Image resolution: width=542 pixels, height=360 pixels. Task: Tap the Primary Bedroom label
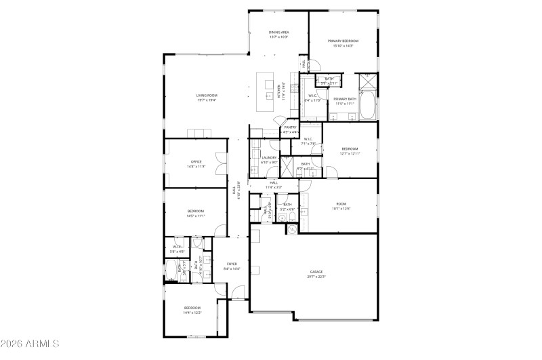tap(343, 41)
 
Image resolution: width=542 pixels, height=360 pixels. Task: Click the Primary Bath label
tap(344, 100)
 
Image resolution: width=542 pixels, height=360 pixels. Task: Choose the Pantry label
tap(290, 127)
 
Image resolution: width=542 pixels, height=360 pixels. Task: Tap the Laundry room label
tap(269, 158)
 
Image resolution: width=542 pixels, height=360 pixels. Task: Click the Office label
tap(196, 161)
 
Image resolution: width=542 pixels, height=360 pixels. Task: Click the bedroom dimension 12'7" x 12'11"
tap(350, 153)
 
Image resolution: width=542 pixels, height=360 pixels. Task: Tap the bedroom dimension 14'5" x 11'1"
tap(196, 216)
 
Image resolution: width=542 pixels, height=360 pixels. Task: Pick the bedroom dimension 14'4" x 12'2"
tap(192, 313)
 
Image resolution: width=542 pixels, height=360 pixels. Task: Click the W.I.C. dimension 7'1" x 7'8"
tap(308, 144)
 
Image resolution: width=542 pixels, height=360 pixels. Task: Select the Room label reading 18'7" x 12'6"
tap(341, 207)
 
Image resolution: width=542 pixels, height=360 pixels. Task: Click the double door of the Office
tap(220, 162)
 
